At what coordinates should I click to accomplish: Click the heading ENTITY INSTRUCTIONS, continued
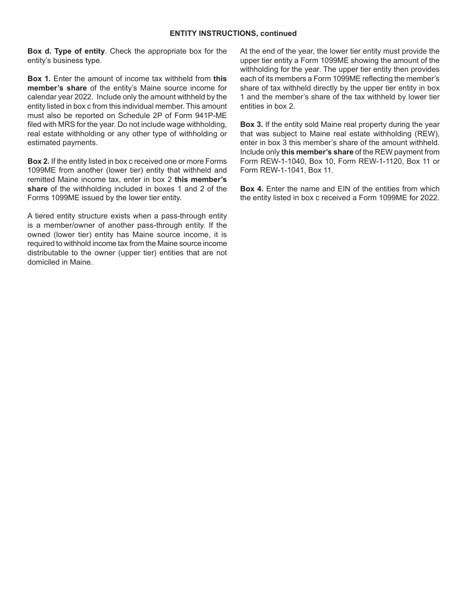233,33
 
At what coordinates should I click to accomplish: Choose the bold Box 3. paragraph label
252,124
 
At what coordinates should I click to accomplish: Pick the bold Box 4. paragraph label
252,189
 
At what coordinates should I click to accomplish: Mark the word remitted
43,180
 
